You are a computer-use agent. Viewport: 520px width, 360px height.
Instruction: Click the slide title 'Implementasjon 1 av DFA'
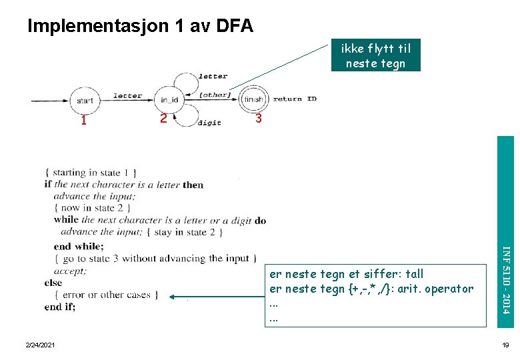pyautogui.click(x=140, y=26)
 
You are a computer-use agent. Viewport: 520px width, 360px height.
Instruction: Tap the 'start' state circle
pyautogui.click(x=85, y=101)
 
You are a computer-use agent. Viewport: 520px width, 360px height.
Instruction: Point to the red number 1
pyautogui.click(x=83, y=121)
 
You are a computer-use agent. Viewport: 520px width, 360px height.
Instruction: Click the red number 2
pyautogui.click(x=163, y=119)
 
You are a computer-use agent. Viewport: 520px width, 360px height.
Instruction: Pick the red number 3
pyautogui.click(x=259, y=119)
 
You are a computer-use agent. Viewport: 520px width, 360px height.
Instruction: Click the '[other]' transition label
pyautogui.click(x=215, y=95)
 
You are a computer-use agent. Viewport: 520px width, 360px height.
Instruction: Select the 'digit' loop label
pyautogui.click(x=209, y=123)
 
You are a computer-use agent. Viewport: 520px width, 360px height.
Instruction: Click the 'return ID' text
pyautogui.click(x=295, y=99)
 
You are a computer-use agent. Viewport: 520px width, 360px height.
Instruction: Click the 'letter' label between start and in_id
pyautogui.click(x=127, y=95)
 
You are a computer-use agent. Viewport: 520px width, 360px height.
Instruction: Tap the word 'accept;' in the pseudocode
pyautogui.click(x=70, y=271)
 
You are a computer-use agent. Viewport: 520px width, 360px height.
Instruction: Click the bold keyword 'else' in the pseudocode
pyautogui.click(x=53, y=283)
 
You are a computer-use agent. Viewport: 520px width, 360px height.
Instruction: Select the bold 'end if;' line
pyautogui.click(x=60, y=307)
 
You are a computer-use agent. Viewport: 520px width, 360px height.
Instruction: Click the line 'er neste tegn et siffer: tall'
pyautogui.click(x=345, y=274)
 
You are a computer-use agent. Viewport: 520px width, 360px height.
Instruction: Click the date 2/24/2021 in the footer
pyautogui.click(x=41, y=345)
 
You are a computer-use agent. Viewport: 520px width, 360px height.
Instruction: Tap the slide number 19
pyautogui.click(x=505, y=345)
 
